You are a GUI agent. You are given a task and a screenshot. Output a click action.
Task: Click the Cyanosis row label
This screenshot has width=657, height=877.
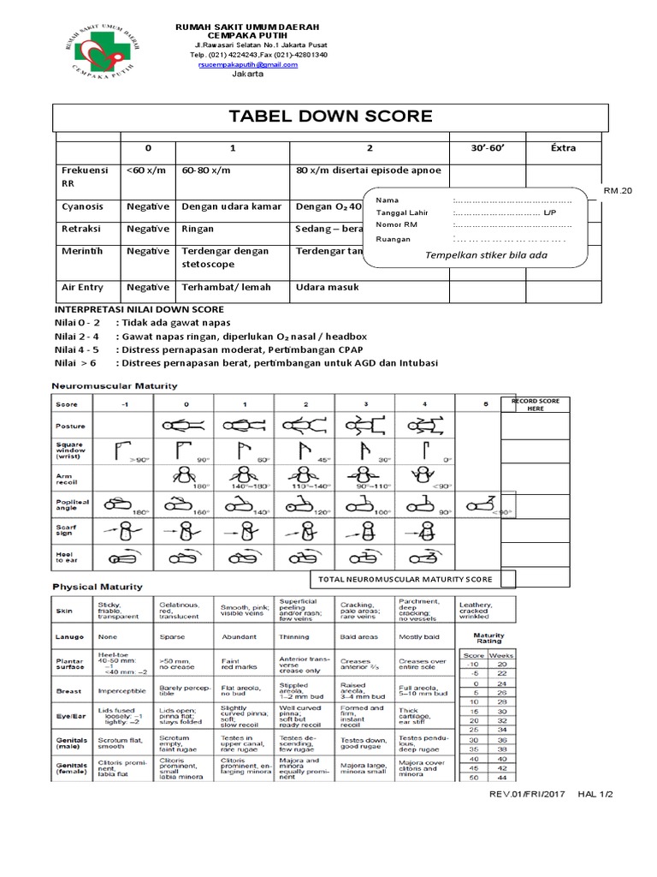(x=81, y=206)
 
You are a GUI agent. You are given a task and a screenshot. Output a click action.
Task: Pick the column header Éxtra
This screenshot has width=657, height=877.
(x=559, y=148)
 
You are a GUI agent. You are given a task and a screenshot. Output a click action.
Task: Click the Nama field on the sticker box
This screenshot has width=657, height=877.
(x=388, y=200)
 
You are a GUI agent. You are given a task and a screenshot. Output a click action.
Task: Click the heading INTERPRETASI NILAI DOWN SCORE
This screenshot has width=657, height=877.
(x=139, y=308)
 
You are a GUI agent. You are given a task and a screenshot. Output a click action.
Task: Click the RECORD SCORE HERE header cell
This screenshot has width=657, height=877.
(x=535, y=405)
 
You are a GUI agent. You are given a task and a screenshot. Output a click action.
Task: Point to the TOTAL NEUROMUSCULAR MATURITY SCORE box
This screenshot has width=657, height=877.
(x=405, y=580)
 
